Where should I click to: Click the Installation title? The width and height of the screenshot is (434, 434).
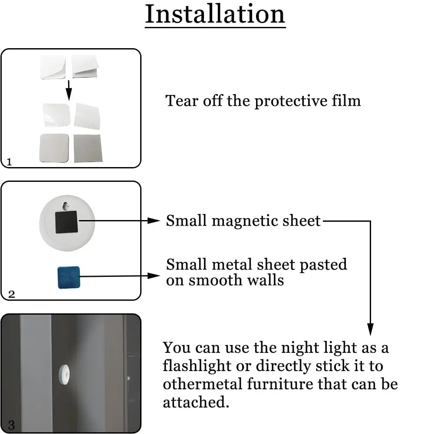[x=215, y=15]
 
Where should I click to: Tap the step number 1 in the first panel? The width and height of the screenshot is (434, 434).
[x=10, y=162]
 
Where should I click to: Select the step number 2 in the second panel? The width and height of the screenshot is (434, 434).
[x=11, y=294]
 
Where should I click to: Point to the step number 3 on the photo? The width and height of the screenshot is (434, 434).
[x=11, y=424]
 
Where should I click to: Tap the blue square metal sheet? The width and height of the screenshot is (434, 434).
[x=69, y=277]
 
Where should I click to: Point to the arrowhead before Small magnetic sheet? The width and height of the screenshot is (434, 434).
[x=155, y=221]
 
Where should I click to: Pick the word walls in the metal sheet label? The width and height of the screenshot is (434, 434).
[x=266, y=280]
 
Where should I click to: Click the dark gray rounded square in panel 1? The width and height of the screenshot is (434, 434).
[x=54, y=148]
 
